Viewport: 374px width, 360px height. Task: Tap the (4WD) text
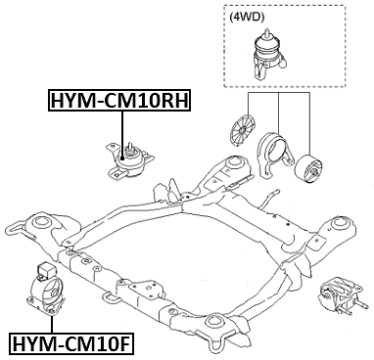click(246, 17)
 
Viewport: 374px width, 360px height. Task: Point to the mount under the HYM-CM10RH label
click(123, 160)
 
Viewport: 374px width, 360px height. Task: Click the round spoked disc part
click(242, 130)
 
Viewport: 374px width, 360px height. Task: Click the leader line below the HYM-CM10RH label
click(121, 127)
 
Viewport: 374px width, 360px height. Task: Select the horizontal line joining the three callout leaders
click(279, 95)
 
